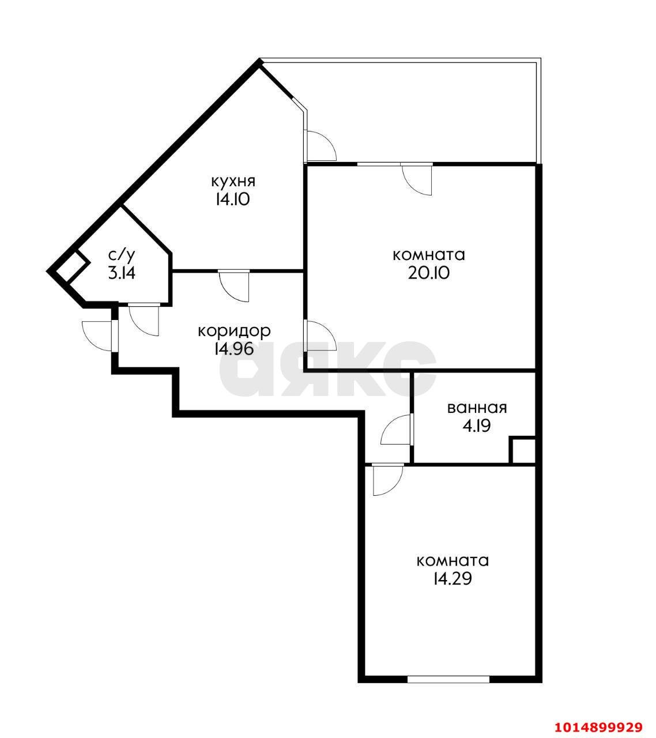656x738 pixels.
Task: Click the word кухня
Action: click(233, 182)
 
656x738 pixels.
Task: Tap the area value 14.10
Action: click(232, 199)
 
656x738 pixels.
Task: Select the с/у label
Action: click(122, 255)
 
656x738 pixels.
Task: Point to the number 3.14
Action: click(122, 273)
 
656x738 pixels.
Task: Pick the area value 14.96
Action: click(233, 349)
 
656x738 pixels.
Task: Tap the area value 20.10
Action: click(429, 273)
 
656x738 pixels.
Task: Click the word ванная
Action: click(477, 408)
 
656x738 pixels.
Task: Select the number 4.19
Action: click(477, 426)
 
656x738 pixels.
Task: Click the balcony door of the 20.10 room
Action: click(417, 179)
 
